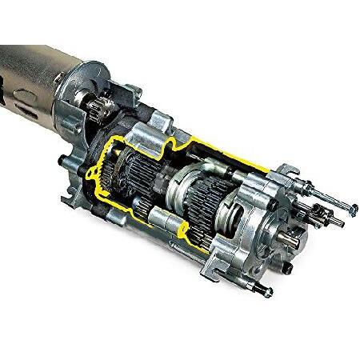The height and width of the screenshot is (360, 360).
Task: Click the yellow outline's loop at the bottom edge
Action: (x=190, y=234)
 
